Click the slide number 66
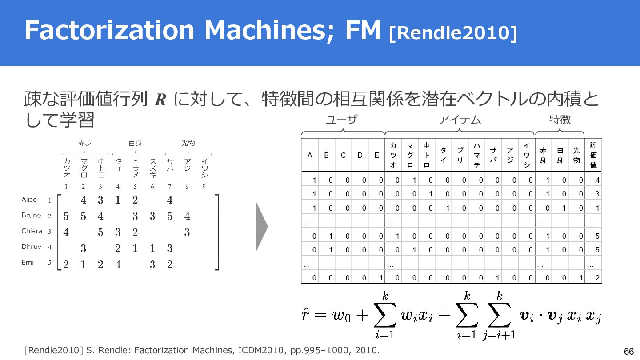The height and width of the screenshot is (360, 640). click(628, 351)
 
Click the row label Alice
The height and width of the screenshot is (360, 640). click(29, 200)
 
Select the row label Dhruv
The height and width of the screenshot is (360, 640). click(31, 247)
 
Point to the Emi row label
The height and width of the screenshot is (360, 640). click(28, 263)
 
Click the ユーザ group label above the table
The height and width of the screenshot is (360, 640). click(342, 120)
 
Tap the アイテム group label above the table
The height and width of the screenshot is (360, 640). click(460, 120)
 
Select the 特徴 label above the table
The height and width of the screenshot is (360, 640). click(560, 120)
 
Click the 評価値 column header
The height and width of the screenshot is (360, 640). click(593, 155)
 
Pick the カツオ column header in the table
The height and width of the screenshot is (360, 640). click(393, 155)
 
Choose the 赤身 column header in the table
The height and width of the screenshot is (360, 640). click(543, 155)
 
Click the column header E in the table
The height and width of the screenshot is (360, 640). click(376, 155)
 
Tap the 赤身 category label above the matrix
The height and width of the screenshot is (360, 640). click(84, 143)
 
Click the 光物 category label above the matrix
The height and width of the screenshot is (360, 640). click(188, 143)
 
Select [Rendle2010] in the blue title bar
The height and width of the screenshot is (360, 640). click(453, 32)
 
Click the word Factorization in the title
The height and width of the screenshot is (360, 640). click(109, 30)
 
